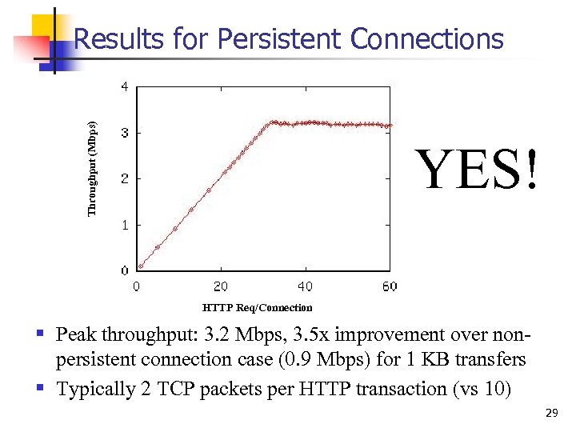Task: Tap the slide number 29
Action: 550,413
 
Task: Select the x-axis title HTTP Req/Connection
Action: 258,307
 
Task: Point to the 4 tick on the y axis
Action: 124,86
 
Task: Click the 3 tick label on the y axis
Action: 124,133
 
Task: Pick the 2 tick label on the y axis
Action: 124,178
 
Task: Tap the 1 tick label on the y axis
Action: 124,225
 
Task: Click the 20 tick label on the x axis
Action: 221,286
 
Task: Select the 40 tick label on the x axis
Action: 306,286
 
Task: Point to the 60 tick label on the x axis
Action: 390,286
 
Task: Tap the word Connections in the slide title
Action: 427,39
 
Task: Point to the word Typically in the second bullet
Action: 95,389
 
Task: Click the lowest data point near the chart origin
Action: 141,266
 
